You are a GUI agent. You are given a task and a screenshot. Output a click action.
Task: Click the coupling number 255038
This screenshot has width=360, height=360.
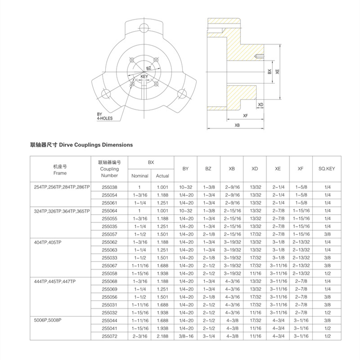click(109, 187)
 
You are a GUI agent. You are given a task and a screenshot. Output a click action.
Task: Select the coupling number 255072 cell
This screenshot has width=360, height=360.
click(109, 336)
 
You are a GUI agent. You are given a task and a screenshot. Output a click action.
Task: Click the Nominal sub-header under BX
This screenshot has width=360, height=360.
click(139, 176)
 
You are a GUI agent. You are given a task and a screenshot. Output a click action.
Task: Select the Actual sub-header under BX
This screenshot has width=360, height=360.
click(162, 176)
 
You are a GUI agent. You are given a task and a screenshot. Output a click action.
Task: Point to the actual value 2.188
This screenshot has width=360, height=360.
click(162, 336)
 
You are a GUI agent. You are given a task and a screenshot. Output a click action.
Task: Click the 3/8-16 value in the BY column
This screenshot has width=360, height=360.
click(185, 336)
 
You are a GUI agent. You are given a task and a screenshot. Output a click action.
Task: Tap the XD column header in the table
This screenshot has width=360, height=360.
click(255, 169)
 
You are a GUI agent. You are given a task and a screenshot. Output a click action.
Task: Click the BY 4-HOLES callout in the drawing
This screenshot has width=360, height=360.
click(104, 116)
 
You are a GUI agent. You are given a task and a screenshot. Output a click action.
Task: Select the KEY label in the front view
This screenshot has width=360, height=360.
click(144, 77)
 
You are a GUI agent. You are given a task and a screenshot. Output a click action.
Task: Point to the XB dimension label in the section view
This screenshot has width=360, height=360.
click(237, 126)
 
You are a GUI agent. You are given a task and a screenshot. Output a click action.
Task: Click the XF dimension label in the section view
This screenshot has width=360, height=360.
click(246, 116)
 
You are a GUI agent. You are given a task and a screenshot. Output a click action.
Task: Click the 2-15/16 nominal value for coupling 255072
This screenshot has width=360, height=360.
click(139, 336)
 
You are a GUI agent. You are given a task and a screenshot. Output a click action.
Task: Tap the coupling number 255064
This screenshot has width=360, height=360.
click(109, 210)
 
